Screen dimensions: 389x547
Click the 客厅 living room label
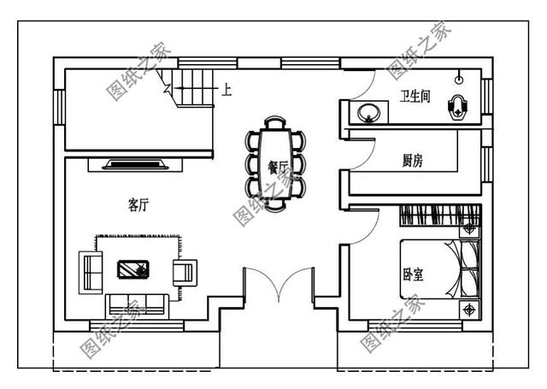click(138, 204)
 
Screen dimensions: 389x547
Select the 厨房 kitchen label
click(415, 160)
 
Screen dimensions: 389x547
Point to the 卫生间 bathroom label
click(415, 96)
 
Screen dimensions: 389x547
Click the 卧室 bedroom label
click(413, 275)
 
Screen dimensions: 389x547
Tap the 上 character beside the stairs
click(226, 88)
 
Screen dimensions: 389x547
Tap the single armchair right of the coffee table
click(184, 272)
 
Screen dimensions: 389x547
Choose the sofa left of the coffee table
click(89, 271)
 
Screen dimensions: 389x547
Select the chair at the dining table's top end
click(275, 121)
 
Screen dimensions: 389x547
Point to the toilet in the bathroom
click(459, 107)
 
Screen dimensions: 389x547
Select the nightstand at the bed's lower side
click(468, 307)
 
